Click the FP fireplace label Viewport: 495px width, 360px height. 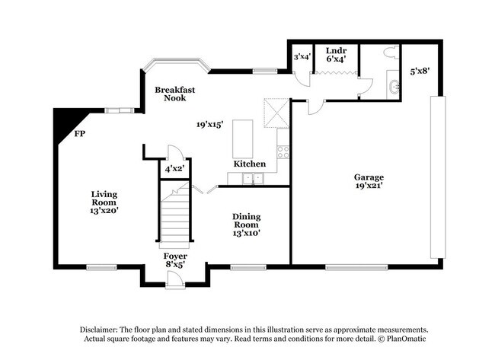(x=79, y=134)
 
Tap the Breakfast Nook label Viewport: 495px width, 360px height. (x=174, y=94)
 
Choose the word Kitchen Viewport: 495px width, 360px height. (x=249, y=164)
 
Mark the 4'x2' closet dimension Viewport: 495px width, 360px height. (x=174, y=169)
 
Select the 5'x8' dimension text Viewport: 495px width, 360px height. (x=420, y=72)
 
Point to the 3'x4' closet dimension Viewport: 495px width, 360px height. (x=302, y=56)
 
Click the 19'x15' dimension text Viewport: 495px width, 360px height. (x=209, y=123)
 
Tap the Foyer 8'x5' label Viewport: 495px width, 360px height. (x=175, y=260)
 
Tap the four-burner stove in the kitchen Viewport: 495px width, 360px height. (x=283, y=151)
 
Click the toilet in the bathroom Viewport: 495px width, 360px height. (x=391, y=53)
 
